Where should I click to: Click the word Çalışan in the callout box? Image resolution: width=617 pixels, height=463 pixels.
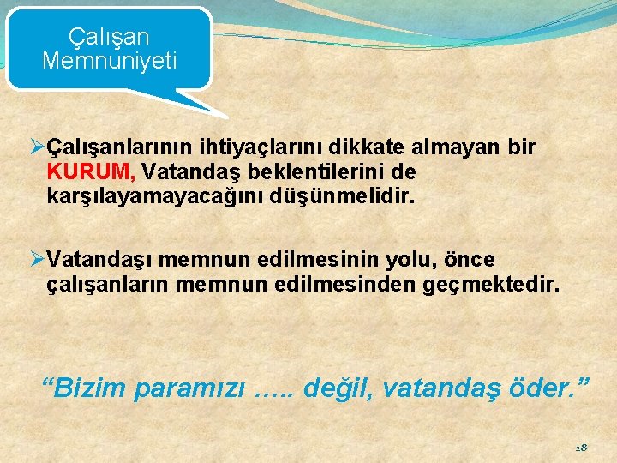[x=109, y=37]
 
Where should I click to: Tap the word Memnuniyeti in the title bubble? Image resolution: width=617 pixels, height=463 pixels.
[x=109, y=61]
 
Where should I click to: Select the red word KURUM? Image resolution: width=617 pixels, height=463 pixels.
[x=82, y=172]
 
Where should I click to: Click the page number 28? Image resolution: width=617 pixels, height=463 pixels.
[x=581, y=448]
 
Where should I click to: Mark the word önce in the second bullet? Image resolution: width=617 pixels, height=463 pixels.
[x=466, y=259]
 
